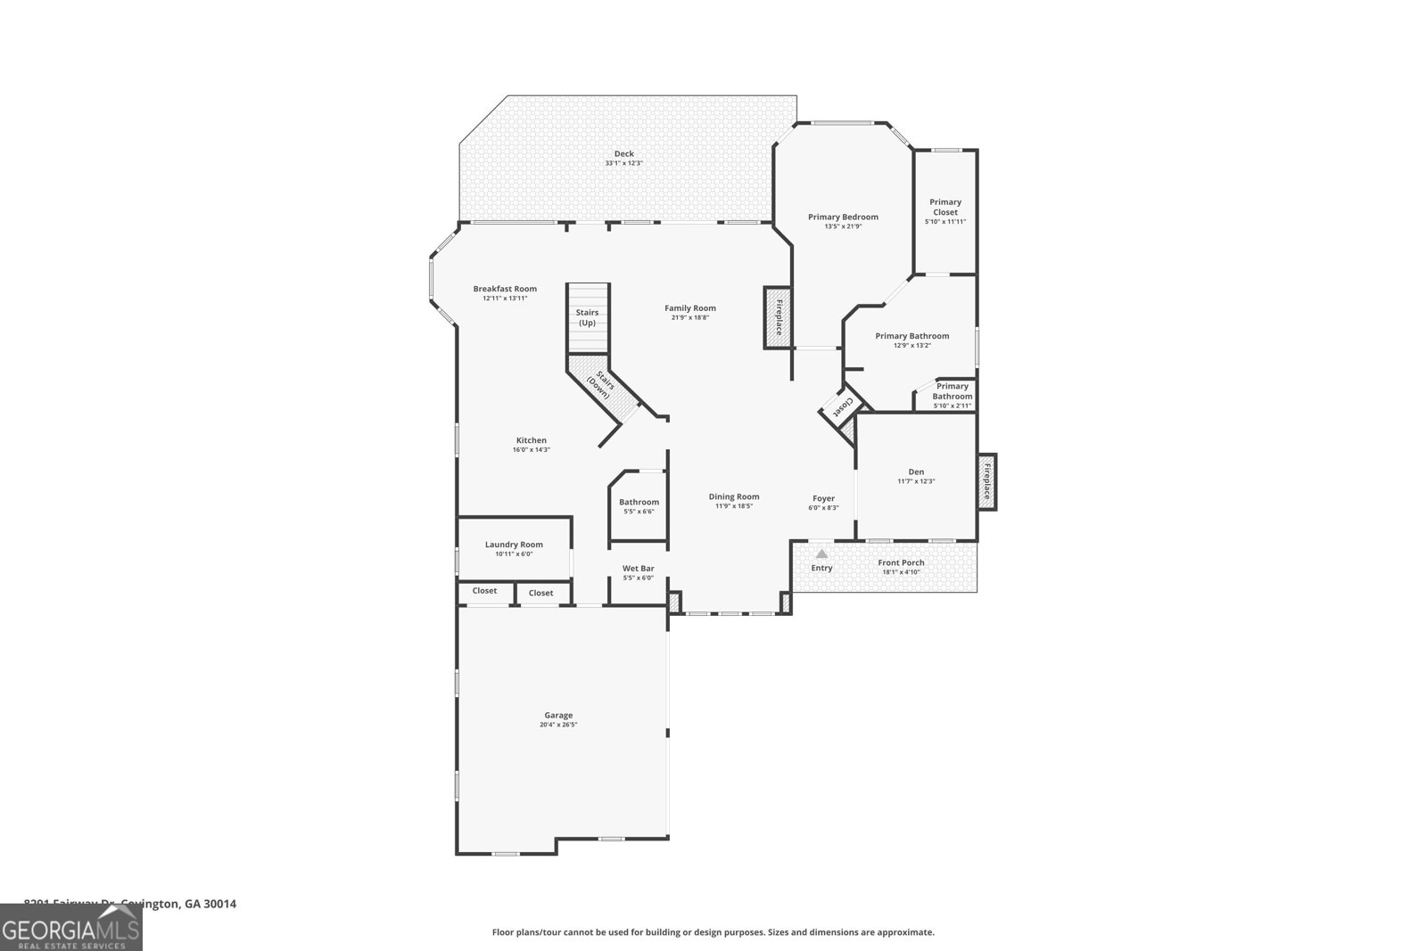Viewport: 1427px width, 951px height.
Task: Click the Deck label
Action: tap(623, 154)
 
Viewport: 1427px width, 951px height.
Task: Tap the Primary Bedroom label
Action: tap(843, 217)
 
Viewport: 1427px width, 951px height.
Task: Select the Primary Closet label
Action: tap(945, 207)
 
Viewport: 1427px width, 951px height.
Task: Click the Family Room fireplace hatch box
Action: tap(777, 317)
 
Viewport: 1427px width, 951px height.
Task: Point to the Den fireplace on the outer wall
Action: tap(986, 481)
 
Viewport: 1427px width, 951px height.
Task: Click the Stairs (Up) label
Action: tap(587, 317)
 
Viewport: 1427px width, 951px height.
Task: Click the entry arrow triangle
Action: tap(821, 553)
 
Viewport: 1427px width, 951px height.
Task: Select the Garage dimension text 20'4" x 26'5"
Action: tap(558, 725)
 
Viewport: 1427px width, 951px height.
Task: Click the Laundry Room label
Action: tap(514, 545)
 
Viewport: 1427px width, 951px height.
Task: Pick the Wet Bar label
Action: tap(638, 568)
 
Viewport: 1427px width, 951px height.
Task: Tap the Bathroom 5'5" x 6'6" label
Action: tap(639, 502)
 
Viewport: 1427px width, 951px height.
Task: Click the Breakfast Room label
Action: tap(505, 289)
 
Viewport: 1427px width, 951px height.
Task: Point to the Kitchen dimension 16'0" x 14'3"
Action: tap(531, 450)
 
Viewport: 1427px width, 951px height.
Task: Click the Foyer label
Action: tap(823, 498)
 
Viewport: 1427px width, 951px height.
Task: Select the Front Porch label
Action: tap(901, 562)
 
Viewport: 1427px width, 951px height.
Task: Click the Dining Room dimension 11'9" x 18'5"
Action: tap(734, 506)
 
